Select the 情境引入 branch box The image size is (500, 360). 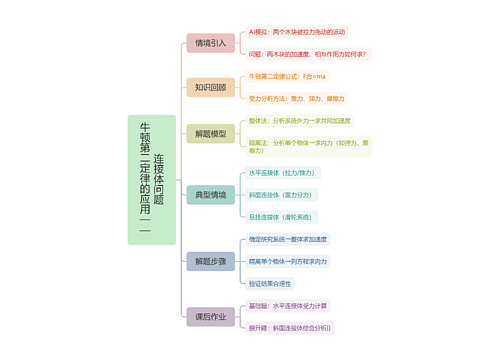tap(210, 43)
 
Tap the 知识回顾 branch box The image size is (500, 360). tap(210, 87)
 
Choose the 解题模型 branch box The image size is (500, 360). tap(210, 133)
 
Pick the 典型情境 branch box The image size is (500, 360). tap(210, 194)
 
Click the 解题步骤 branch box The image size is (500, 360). tap(210, 261)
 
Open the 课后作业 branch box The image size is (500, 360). tap(210, 316)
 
